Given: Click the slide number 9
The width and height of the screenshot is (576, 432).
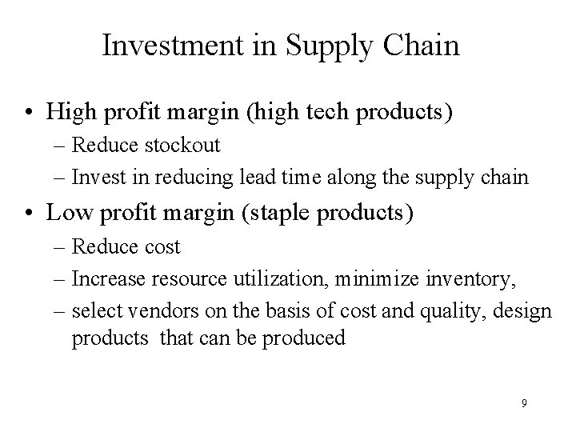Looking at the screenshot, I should click(x=524, y=403).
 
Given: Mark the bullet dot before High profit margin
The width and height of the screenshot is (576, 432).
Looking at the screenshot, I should click(x=30, y=112).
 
